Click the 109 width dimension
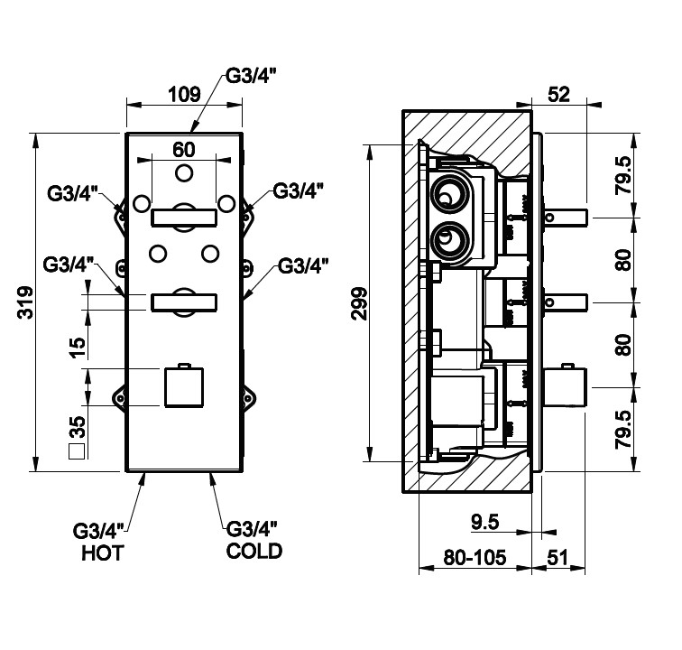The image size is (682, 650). click(184, 93)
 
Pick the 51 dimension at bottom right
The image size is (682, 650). click(559, 558)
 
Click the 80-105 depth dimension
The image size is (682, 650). click(475, 558)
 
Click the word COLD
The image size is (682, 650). click(253, 550)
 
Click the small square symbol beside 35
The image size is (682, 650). click(78, 450)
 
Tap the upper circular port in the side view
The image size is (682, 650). click(449, 195)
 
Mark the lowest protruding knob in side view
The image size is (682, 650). click(566, 389)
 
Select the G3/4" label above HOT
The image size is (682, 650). click(102, 530)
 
